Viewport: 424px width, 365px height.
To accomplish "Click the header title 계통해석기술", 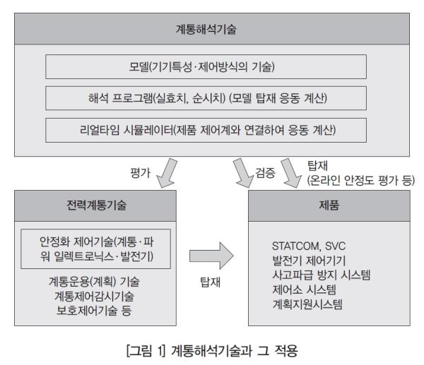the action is pyautogui.click(x=206, y=29).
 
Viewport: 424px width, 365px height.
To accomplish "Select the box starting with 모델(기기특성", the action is pyautogui.click(x=206, y=67).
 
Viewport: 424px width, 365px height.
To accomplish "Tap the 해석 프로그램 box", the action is pyautogui.click(x=206, y=98).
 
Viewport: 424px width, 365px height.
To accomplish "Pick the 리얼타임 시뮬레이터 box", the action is pyautogui.click(x=206, y=130).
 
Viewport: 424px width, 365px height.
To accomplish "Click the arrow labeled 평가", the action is pyautogui.click(x=167, y=174).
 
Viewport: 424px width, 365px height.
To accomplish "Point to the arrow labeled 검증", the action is pyautogui.click(x=243, y=174).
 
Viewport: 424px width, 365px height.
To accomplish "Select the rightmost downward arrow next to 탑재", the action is pyautogui.click(x=290, y=174).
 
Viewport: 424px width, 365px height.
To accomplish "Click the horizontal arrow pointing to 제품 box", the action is pyautogui.click(x=211, y=256).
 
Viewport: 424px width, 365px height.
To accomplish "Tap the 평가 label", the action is pyautogui.click(x=140, y=173).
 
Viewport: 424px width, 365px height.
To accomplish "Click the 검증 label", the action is pyautogui.click(x=265, y=173).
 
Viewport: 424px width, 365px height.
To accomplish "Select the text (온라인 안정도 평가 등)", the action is pyautogui.click(x=361, y=180).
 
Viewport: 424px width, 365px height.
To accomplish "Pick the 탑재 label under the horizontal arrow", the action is pyautogui.click(x=210, y=282).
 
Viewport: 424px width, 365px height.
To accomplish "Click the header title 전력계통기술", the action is pyautogui.click(x=96, y=205).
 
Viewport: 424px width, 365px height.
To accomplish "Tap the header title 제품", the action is pyautogui.click(x=329, y=205).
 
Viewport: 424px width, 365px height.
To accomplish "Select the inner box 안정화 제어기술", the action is pyautogui.click(x=95, y=249).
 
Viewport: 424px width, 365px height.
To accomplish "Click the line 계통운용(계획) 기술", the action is pyautogui.click(x=94, y=282).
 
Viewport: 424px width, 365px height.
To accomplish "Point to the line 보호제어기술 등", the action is pyautogui.click(x=94, y=311).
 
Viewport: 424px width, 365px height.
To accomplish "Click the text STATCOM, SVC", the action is pyautogui.click(x=309, y=246).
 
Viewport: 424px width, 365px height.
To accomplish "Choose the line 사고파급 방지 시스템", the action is pyautogui.click(x=322, y=275).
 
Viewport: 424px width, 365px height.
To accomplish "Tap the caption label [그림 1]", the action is pyautogui.click(x=146, y=351).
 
